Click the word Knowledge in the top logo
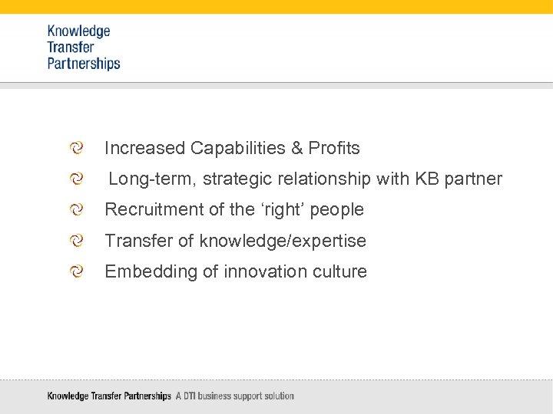78,31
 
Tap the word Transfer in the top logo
70,48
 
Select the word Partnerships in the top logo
84,64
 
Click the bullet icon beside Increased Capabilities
76,147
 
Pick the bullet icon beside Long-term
76,179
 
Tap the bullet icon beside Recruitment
76,209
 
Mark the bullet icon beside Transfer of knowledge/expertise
76,241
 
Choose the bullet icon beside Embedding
76,271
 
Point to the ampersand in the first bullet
296,148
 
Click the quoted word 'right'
284,209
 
